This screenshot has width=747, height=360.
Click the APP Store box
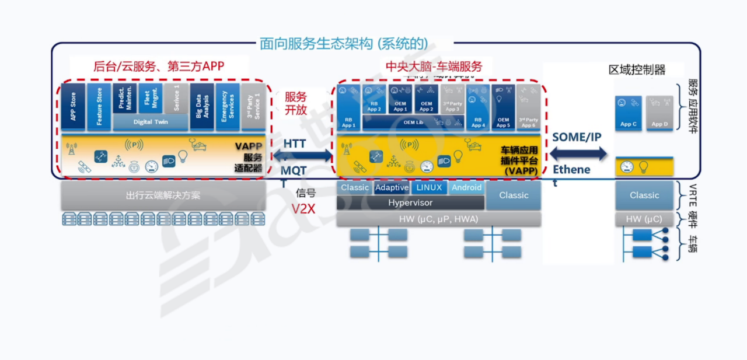click(x=74, y=107)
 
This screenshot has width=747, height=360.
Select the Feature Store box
click(x=99, y=107)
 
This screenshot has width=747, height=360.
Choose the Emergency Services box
click(x=228, y=107)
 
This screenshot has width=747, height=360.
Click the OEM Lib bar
click(x=413, y=123)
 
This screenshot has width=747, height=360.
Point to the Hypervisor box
click(x=410, y=203)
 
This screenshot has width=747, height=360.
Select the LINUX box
click(x=430, y=188)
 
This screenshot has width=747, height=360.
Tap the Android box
click(x=466, y=188)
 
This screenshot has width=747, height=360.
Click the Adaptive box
click(x=392, y=188)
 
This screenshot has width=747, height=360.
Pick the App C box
click(x=629, y=113)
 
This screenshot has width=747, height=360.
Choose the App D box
click(x=659, y=113)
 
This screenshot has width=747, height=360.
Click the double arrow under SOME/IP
click(x=578, y=154)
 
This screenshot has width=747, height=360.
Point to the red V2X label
click(x=303, y=208)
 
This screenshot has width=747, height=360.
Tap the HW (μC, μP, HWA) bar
click(x=439, y=219)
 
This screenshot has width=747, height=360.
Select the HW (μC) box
click(x=644, y=219)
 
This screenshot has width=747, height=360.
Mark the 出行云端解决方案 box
click(x=163, y=195)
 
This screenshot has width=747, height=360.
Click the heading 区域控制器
click(x=637, y=70)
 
